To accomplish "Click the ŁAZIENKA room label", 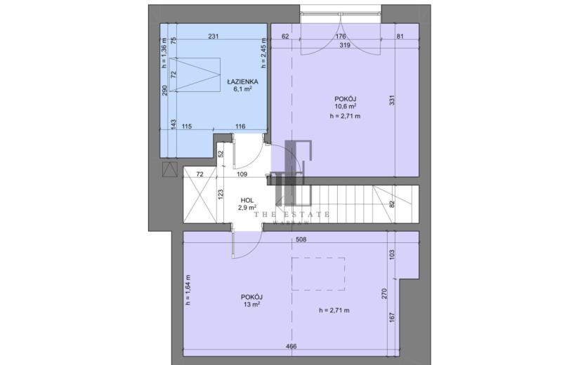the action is point(243,81).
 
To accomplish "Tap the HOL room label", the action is point(247,200).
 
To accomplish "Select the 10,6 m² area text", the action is point(346,106).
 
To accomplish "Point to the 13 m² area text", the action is point(251,305).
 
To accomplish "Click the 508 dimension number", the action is point(301,240).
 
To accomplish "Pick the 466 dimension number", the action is point(291,347).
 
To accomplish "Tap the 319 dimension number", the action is point(346,46).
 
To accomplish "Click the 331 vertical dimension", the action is point(392,100).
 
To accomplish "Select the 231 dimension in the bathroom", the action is point(213,36).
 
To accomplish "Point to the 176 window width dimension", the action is point(341,36).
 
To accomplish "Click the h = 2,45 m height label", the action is point(263,53).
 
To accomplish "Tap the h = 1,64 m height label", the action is point(188,290).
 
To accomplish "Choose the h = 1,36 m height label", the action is point(164,53).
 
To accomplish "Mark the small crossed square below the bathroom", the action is point(170,169).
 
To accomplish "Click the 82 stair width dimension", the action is point(391,204).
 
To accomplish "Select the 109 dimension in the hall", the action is point(242,174).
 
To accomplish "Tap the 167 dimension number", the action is point(392,317).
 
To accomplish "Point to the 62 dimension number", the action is point(285,36).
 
